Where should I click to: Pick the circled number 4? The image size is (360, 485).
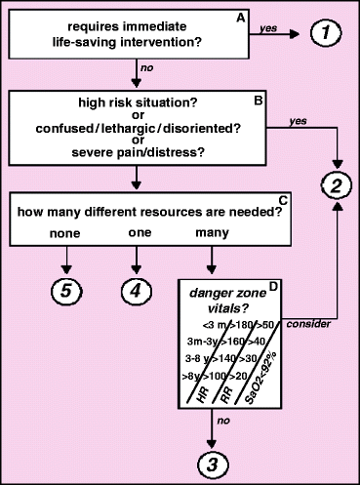[x=137, y=290]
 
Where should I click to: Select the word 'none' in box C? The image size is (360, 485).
[x=66, y=233]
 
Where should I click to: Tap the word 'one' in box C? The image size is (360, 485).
[x=137, y=233]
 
